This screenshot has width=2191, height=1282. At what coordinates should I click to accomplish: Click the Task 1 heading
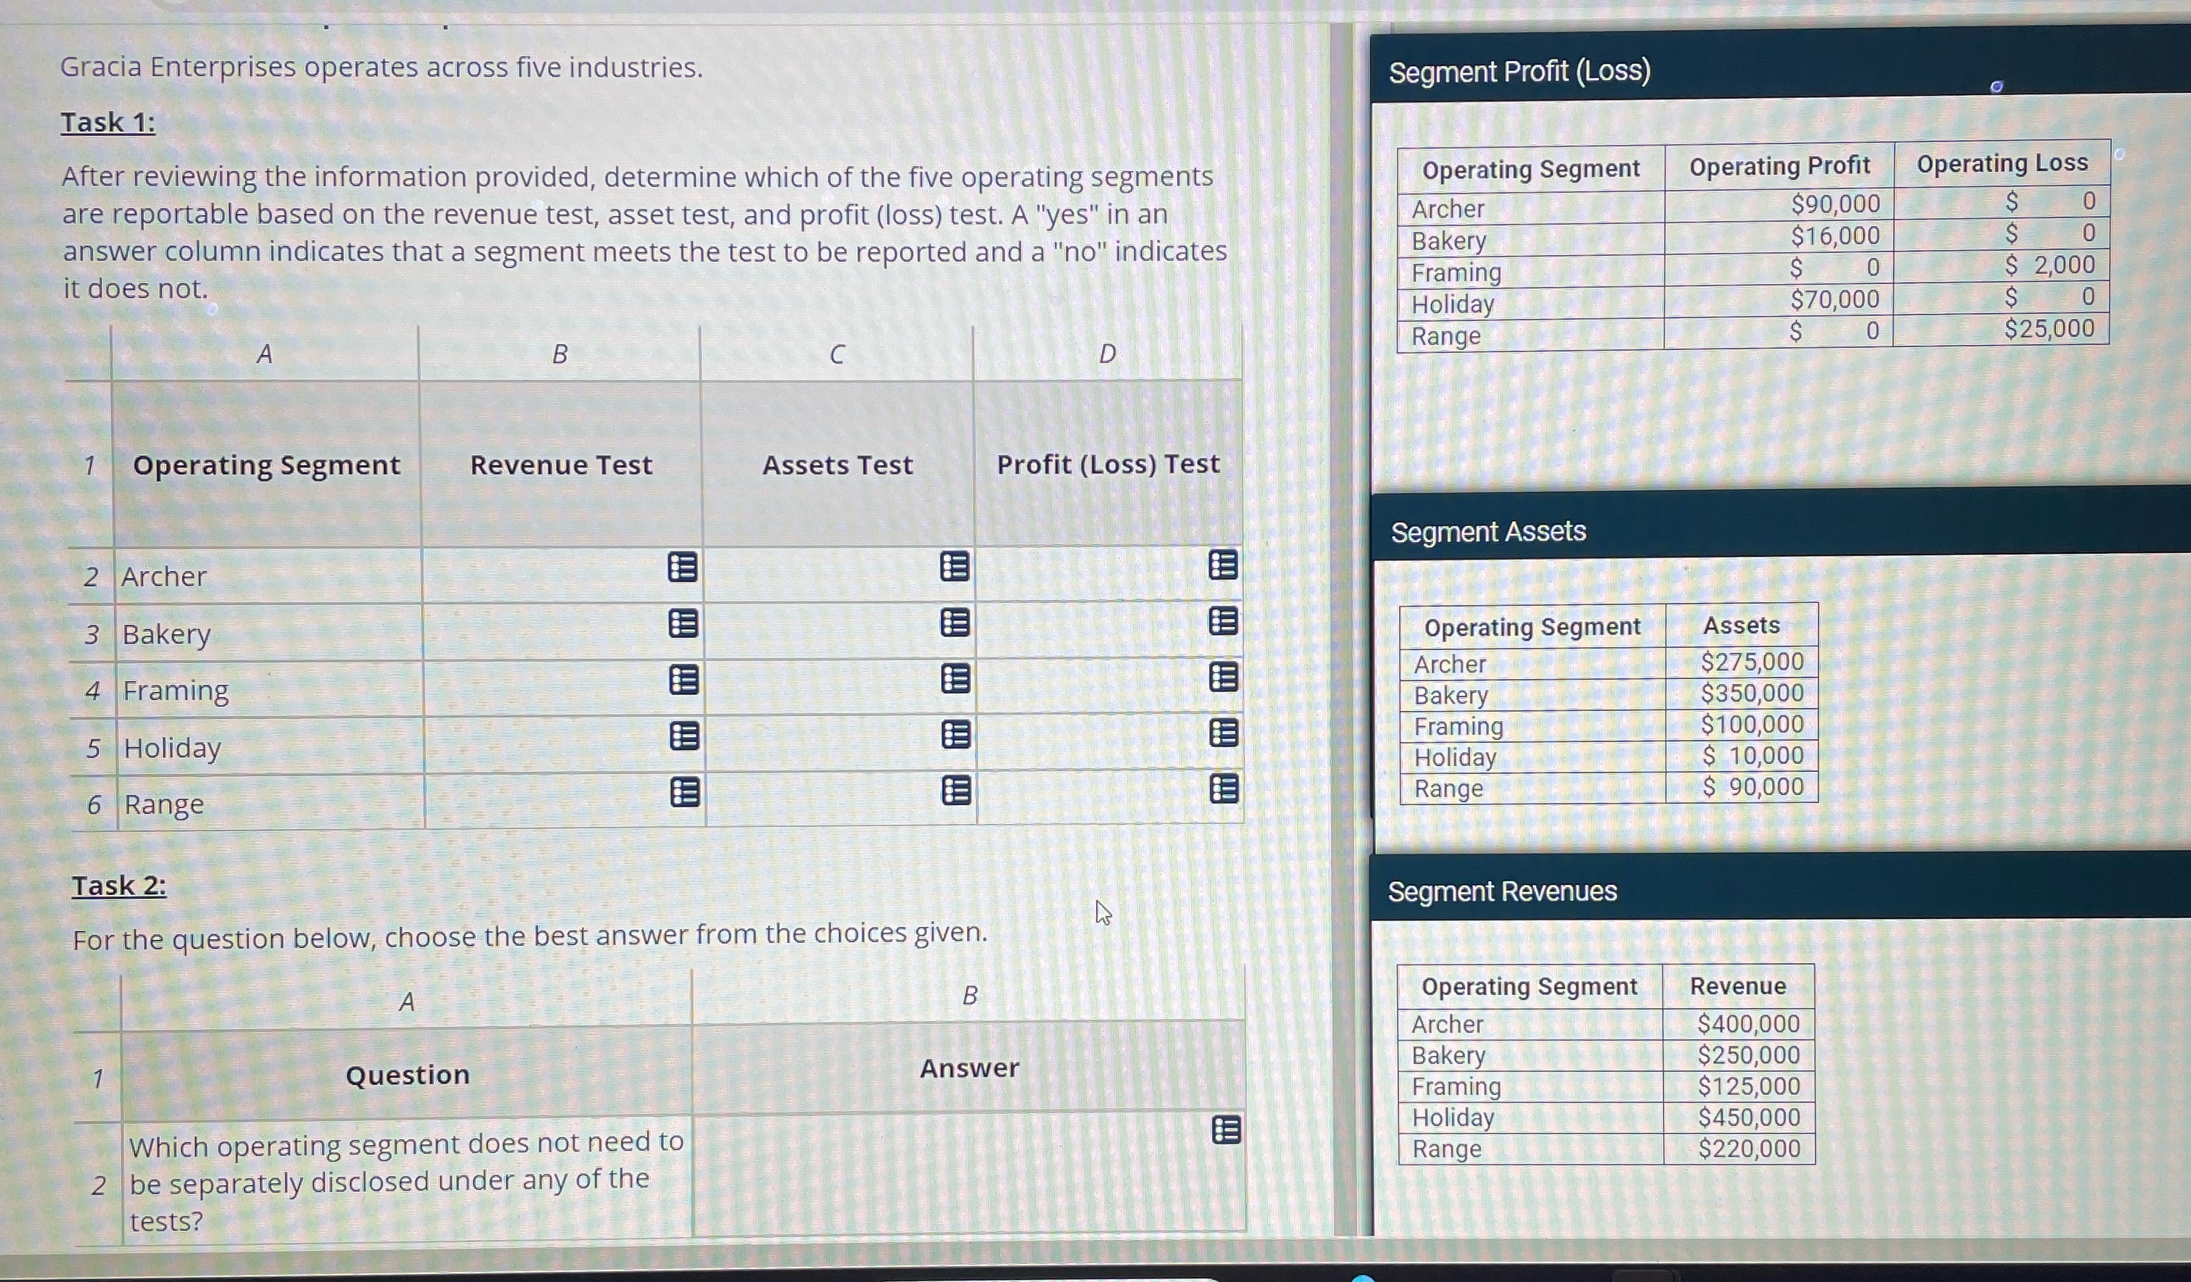(x=108, y=122)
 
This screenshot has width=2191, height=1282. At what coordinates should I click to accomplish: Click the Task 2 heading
(x=119, y=886)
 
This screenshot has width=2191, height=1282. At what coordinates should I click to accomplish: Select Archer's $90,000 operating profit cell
(x=1835, y=204)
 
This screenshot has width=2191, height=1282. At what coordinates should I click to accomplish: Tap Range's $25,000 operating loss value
(x=2048, y=329)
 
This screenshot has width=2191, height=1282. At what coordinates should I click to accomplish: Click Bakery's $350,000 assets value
(x=1751, y=694)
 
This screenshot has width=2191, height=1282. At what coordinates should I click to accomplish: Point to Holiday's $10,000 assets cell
(x=1752, y=755)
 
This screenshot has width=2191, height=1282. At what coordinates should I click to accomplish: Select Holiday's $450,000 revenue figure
(x=1748, y=1117)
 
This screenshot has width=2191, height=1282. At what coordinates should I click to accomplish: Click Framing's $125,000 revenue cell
(x=1748, y=1086)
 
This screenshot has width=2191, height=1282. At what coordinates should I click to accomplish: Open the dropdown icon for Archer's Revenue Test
(x=683, y=568)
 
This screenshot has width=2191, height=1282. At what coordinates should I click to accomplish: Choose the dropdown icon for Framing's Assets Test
(x=956, y=678)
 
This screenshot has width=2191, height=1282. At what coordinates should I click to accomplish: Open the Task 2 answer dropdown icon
(x=1226, y=1130)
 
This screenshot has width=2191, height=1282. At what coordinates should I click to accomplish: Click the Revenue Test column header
(x=561, y=465)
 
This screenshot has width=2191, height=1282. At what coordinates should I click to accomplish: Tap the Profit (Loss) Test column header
(x=1108, y=465)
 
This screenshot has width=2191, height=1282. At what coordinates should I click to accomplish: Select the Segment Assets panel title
(x=1488, y=531)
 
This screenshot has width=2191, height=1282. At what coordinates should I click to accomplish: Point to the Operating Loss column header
(x=2001, y=164)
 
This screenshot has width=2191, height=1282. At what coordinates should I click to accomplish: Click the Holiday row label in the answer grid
(x=172, y=748)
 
